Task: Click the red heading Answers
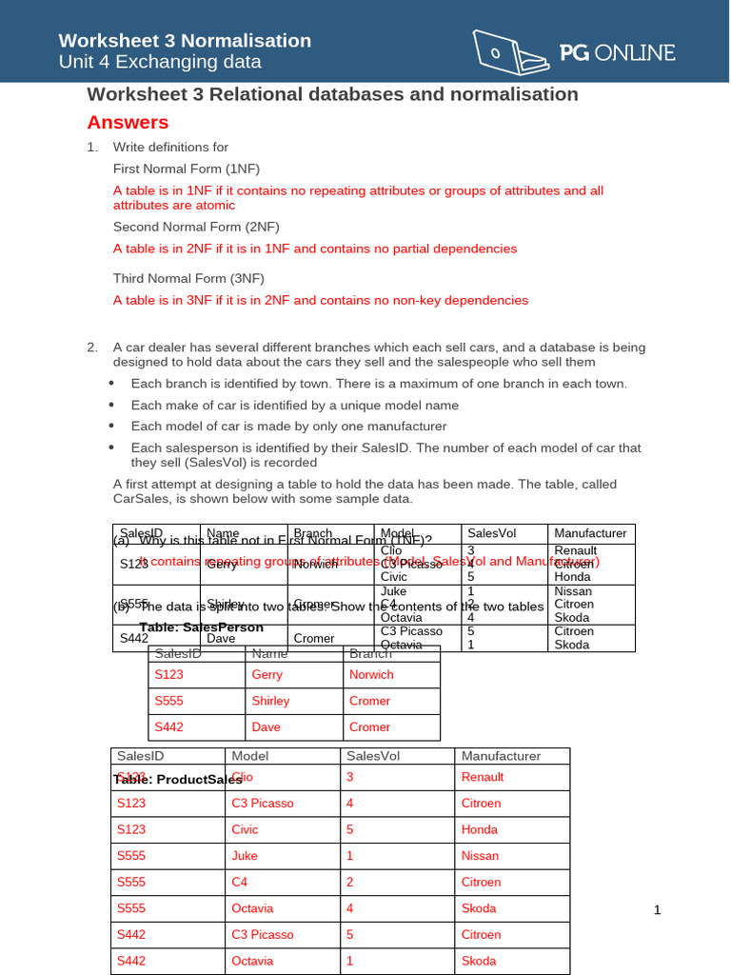coord(128,123)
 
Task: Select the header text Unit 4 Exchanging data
coord(160,63)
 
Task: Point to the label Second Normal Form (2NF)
coord(196,227)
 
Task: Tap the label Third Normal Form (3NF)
coord(188,278)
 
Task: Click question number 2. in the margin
coord(92,348)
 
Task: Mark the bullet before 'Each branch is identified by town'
coord(111,384)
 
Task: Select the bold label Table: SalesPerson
coord(201,628)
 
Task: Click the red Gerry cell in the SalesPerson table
coord(267,674)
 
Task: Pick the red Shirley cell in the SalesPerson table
coord(270,701)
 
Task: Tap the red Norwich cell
coord(371,674)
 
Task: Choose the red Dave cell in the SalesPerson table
coord(266,726)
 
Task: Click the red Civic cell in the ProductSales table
coord(245,829)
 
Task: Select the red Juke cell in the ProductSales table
coord(245,856)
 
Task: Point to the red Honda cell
coord(479,829)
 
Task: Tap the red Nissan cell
coord(480,856)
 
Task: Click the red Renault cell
coord(483,777)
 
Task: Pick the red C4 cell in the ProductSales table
coord(241,882)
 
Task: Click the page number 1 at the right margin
coord(657,910)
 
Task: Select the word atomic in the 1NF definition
coord(215,205)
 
